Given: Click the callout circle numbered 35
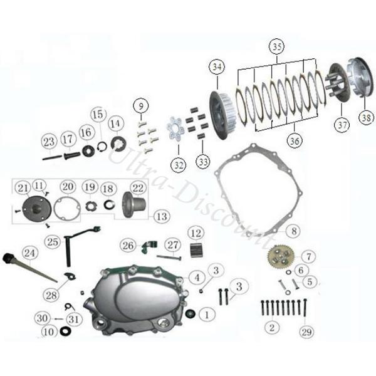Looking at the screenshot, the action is pyautogui.click(x=277, y=46).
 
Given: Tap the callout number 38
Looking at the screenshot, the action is pyautogui.click(x=367, y=118).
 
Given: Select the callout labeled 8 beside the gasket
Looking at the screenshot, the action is pyautogui.click(x=294, y=231).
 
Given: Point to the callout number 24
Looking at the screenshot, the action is pyautogui.click(x=29, y=253).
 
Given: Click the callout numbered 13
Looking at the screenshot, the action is pyautogui.click(x=162, y=217).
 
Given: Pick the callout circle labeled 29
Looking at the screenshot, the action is pyautogui.click(x=306, y=332).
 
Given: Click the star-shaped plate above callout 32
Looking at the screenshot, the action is pyautogui.click(x=175, y=130).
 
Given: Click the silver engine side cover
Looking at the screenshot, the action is pyautogui.click(x=135, y=301).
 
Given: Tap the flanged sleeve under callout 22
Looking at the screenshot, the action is pyautogui.click(x=134, y=205).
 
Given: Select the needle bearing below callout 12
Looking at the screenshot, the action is pyautogui.click(x=197, y=250).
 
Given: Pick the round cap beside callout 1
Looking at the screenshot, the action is pyautogui.click(x=191, y=313).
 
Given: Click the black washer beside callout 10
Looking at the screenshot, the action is pyautogui.click(x=65, y=331).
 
